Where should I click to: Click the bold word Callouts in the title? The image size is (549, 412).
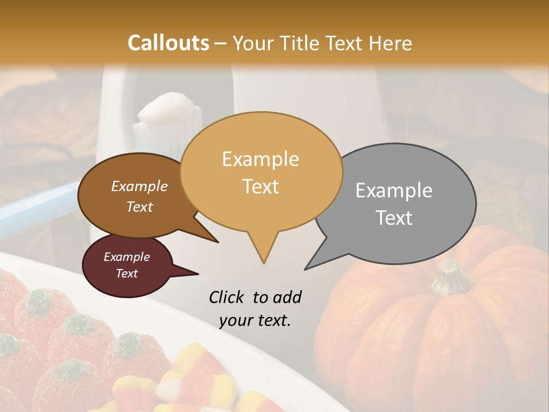point(168,43)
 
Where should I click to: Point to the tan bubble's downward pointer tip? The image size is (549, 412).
point(264,263)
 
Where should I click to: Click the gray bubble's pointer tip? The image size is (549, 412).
point(306,268)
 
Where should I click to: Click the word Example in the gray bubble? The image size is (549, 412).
point(394,191)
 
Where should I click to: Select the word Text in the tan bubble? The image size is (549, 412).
point(261,187)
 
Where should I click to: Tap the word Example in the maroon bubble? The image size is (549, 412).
point(126,257)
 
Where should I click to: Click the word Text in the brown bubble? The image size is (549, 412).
point(140,207)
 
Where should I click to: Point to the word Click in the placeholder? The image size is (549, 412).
point(228,297)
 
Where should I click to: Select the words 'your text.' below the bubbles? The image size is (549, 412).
point(255,320)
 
